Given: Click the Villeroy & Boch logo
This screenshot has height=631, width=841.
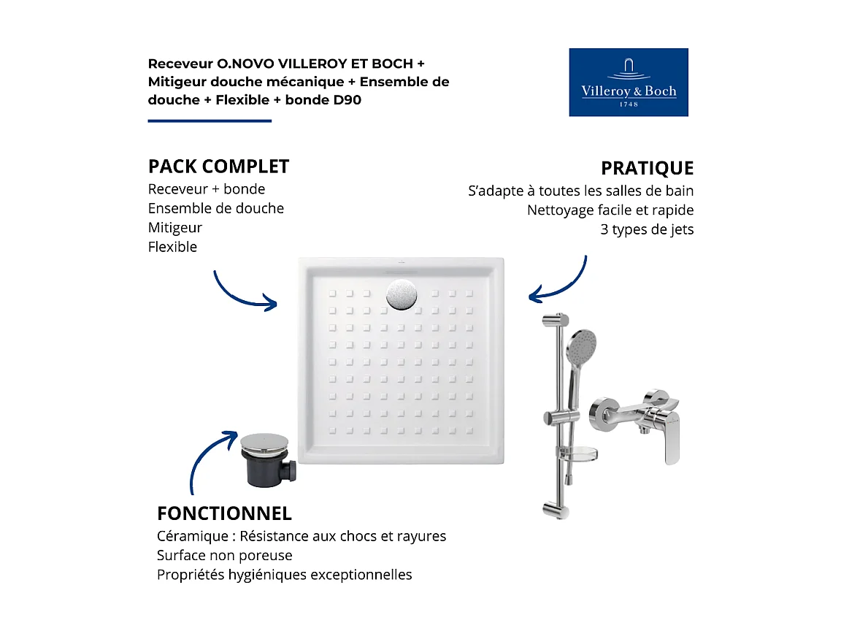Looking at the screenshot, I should (628, 82).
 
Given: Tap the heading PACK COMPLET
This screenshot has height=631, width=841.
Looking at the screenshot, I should (218, 167).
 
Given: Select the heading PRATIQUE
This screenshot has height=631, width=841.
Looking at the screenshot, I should (647, 169).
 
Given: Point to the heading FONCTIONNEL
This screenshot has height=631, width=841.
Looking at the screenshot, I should (224, 513).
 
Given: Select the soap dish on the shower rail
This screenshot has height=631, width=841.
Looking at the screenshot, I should (582, 454).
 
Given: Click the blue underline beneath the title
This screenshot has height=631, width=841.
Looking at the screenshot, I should (210, 121).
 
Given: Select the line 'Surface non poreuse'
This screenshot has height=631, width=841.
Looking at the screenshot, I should (224, 555).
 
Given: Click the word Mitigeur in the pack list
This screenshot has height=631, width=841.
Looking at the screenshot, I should (175, 228).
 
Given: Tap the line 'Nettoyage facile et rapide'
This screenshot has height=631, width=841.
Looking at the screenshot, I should (610, 210).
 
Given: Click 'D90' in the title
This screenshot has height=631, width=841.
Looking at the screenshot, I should (347, 100).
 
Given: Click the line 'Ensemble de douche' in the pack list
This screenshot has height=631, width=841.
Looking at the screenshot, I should (216, 208).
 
